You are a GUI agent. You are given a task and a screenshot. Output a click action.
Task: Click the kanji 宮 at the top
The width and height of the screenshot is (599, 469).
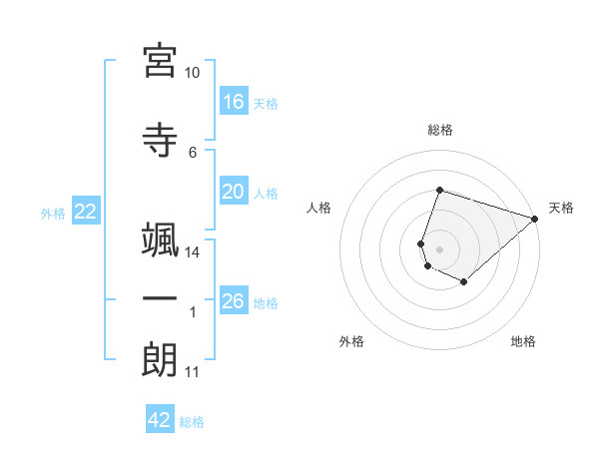pyautogui.click(x=160, y=61)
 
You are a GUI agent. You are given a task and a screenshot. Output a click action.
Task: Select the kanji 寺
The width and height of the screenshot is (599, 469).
pyautogui.click(x=160, y=140)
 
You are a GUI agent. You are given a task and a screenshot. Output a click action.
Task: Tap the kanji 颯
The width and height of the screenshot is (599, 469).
pyautogui.click(x=160, y=239)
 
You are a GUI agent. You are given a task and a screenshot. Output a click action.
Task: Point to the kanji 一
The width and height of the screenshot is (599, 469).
pyautogui.click(x=160, y=298)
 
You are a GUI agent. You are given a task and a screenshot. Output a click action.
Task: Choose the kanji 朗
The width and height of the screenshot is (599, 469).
pyautogui.click(x=160, y=359)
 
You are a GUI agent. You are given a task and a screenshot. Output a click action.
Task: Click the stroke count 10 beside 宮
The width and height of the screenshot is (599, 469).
pyautogui.click(x=192, y=73)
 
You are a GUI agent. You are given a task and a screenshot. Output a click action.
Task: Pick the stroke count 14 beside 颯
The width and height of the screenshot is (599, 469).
pyautogui.click(x=192, y=252)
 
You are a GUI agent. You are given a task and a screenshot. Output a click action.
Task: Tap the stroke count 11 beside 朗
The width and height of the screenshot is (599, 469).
pyautogui.click(x=192, y=372)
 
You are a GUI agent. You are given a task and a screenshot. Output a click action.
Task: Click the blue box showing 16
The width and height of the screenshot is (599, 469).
pyautogui.click(x=235, y=101)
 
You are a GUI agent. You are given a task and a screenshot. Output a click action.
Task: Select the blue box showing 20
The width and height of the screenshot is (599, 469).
pyautogui.click(x=235, y=191)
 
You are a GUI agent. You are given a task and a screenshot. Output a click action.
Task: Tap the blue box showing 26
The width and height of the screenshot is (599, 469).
pyautogui.click(x=235, y=299)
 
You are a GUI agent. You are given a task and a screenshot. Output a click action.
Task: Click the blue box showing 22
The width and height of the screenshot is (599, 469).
pyautogui.click(x=86, y=211)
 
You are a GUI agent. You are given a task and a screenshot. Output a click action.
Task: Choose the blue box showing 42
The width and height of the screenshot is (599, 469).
pyautogui.click(x=160, y=418)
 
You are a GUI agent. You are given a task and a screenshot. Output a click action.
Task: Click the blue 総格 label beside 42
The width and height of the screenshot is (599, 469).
pyautogui.click(x=192, y=422)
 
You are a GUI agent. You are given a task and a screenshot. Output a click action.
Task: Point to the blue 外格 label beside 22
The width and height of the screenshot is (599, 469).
pyautogui.click(x=53, y=214)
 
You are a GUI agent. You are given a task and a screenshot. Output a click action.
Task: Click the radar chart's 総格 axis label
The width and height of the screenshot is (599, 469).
pyautogui.click(x=440, y=130)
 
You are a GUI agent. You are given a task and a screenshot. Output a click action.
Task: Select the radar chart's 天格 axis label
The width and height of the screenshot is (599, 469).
pyautogui.click(x=561, y=208)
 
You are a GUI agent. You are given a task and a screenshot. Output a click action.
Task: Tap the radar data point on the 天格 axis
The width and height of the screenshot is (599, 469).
pyautogui.click(x=535, y=219)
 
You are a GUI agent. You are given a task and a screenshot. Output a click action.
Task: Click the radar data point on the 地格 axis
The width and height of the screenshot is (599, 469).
pyautogui.click(x=464, y=281)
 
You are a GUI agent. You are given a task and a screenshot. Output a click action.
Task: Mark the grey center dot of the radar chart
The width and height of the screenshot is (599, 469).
pyautogui.click(x=439, y=249)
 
